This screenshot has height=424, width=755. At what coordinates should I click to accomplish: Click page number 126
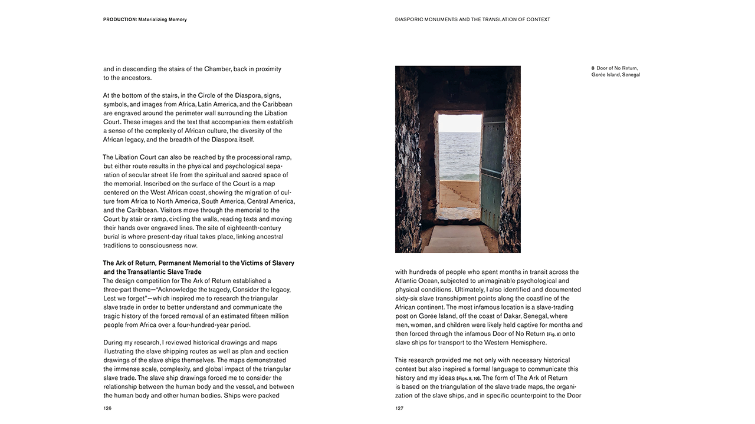[x=107, y=408]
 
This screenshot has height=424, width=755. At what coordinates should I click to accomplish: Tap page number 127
[x=399, y=408]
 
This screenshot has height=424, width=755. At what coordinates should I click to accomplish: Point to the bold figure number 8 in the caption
[x=593, y=68]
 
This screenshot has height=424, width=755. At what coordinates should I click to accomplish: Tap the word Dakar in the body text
[x=516, y=316]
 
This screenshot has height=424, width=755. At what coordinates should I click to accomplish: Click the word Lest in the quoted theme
[x=110, y=299]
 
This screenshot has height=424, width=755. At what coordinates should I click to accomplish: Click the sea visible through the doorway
[x=460, y=153]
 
